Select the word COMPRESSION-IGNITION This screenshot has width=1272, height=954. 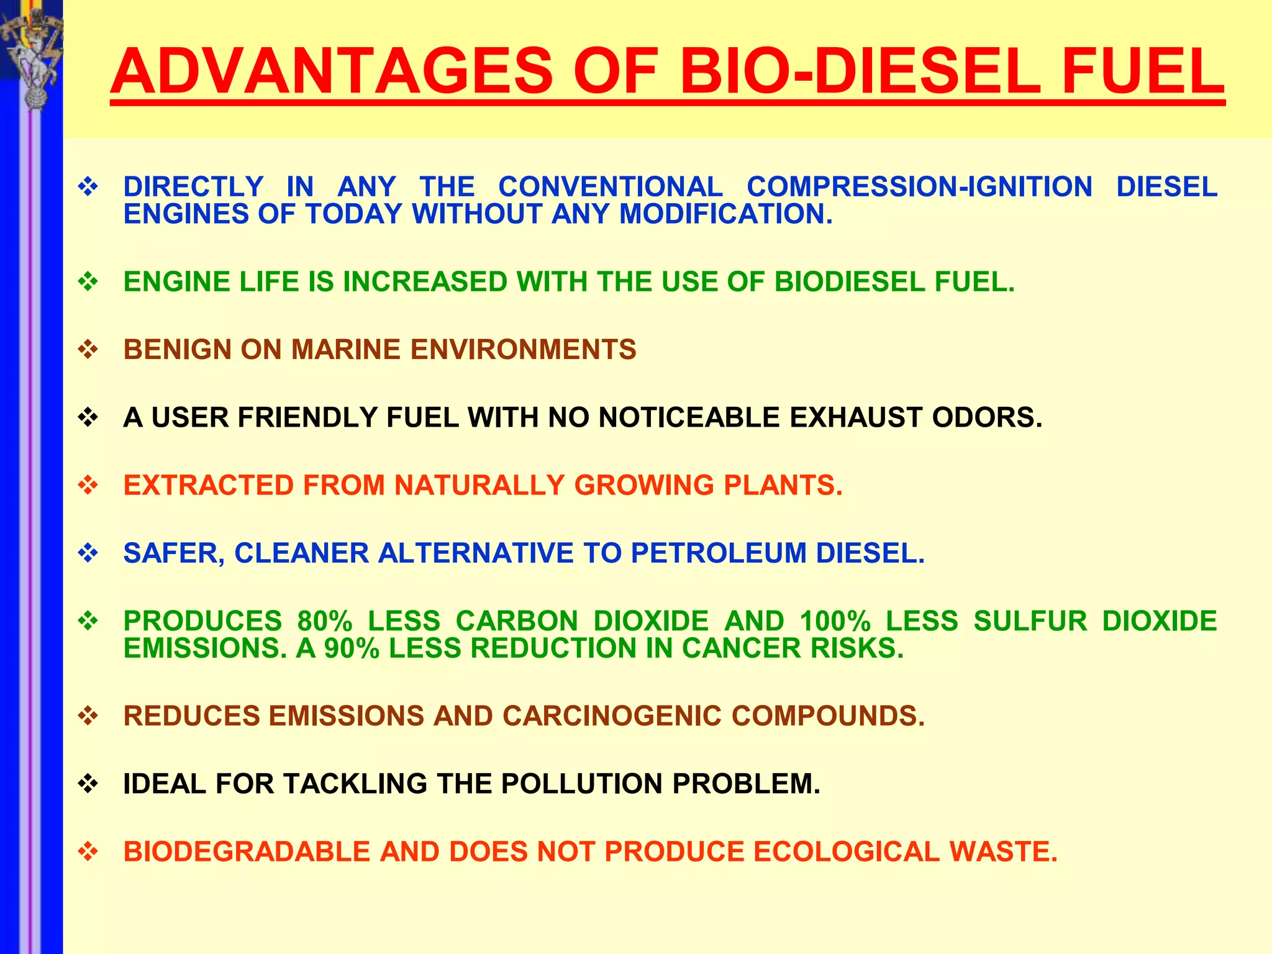[x=919, y=187]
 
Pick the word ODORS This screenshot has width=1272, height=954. [x=987, y=417]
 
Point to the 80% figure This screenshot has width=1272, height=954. [x=325, y=621]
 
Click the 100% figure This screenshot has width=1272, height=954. [x=835, y=621]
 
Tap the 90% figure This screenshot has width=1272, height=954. [x=352, y=648]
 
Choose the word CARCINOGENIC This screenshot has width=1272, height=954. [x=612, y=716]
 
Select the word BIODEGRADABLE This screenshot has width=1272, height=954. [x=247, y=852]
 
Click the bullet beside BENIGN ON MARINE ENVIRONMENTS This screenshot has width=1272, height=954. [x=88, y=350]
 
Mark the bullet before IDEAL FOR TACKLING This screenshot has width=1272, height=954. [x=88, y=784]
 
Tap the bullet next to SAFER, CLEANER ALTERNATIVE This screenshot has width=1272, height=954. [x=88, y=553]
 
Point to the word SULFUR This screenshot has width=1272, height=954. [x=1030, y=621]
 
